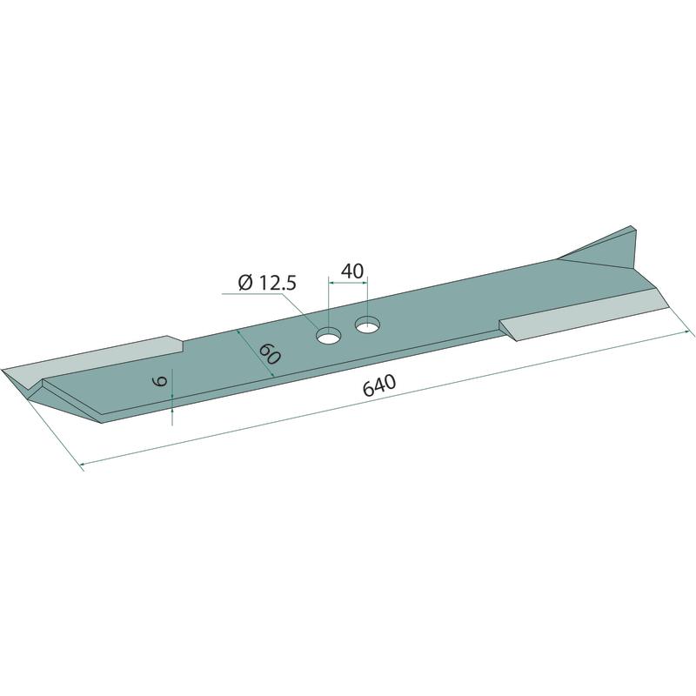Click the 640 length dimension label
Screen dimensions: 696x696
pos(378,385)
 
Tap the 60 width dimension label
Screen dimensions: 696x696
pos(269,354)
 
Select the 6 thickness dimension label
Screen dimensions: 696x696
pos(160,381)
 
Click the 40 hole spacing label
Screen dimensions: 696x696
pos(352,271)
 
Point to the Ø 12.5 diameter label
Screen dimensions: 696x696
pos(267,283)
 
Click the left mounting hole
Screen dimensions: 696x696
pos(328,336)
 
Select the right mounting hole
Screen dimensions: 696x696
pos(367,325)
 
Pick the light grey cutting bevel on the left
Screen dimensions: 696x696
pos(89,360)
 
